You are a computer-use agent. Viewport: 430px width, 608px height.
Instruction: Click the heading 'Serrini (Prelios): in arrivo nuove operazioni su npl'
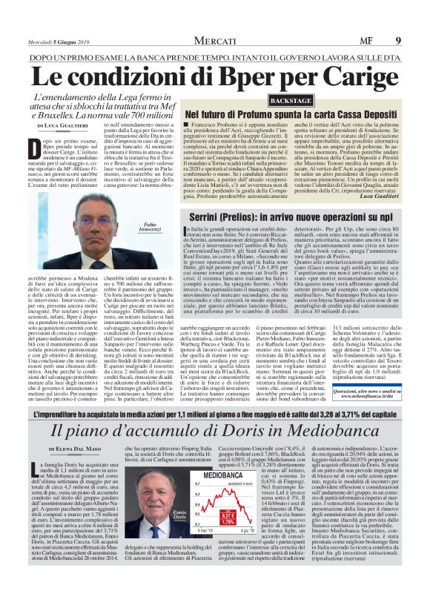(x=292, y=194)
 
